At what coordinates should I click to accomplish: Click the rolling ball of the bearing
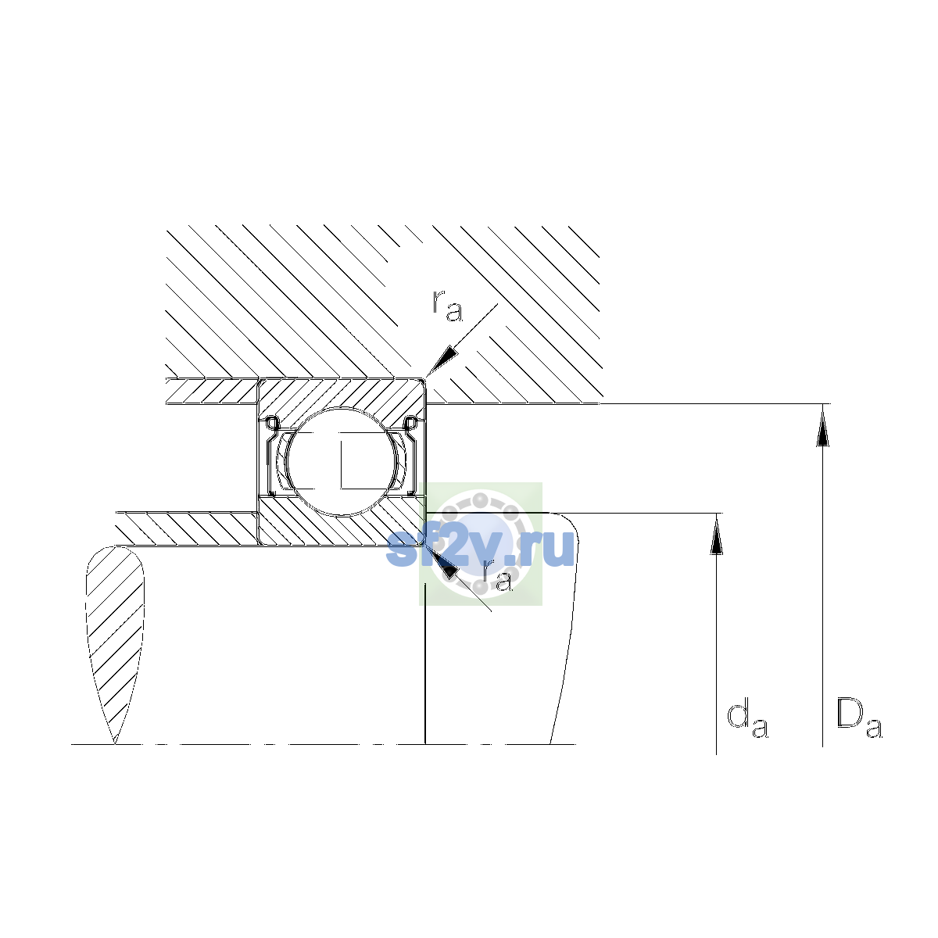[342, 461]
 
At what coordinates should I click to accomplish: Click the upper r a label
[447, 306]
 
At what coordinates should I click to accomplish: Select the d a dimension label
[747, 721]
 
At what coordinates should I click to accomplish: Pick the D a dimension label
[859, 719]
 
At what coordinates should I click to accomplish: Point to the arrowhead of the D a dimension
[822, 425]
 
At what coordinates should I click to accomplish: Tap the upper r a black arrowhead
[442, 362]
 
